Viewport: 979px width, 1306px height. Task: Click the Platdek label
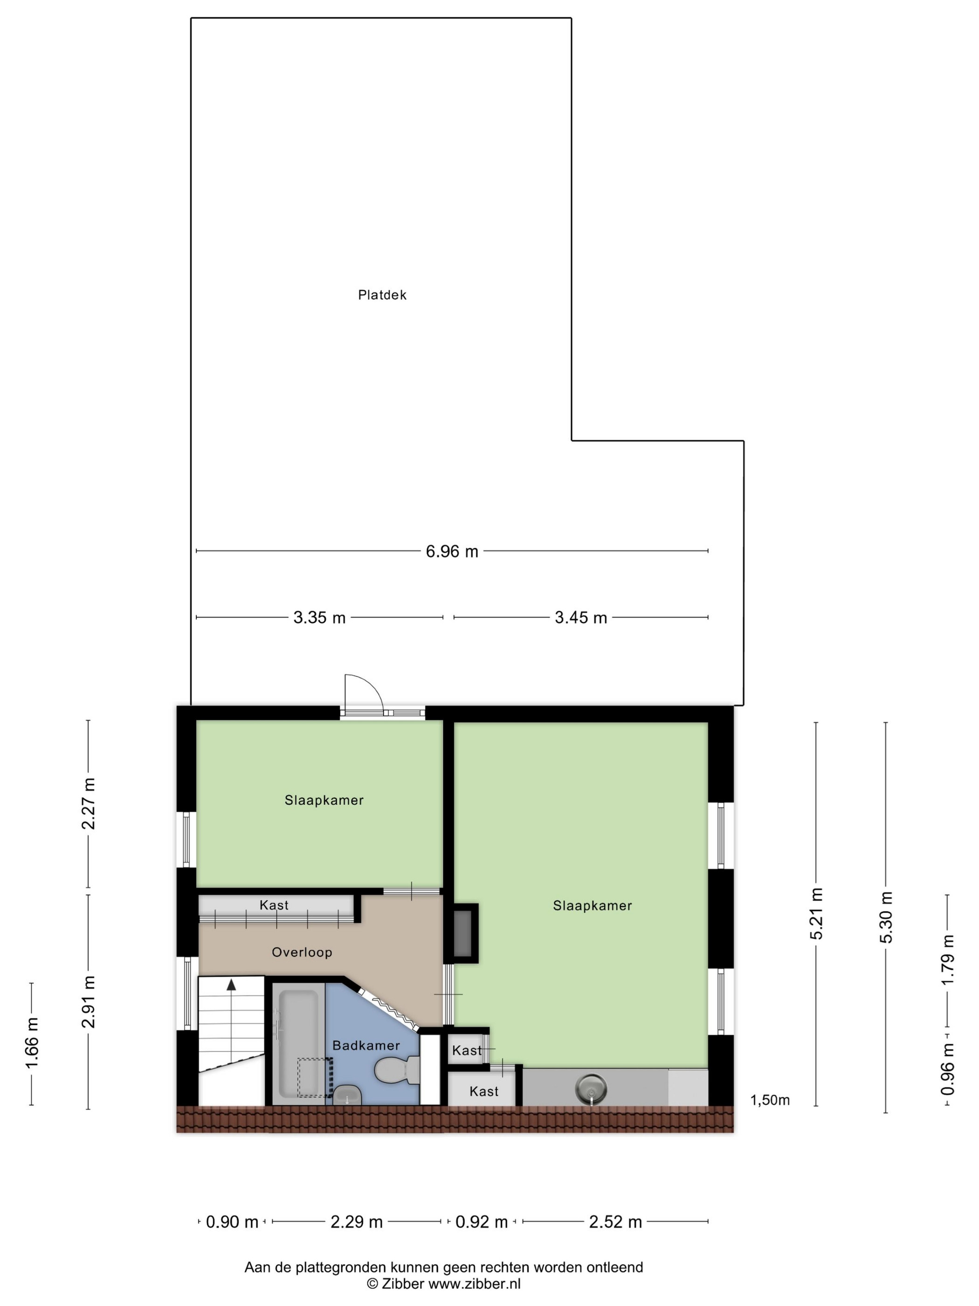(x=382, y=295)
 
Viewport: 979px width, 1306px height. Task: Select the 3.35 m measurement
(x=319, y=618)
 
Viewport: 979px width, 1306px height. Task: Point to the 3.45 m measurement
(x=581, y=618)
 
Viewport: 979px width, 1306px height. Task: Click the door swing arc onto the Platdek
(x=371, y=685)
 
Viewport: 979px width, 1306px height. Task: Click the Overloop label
(x=302, y=952)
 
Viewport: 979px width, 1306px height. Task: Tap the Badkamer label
(x=366, y=1045)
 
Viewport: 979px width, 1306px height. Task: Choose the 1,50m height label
(x=770, y=1100)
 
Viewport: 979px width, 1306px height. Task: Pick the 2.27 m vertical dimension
(x=89, y=804)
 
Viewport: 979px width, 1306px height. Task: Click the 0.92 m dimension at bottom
(x=481, y=1222)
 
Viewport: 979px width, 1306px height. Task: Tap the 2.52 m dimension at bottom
(x=615, y=1222)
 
